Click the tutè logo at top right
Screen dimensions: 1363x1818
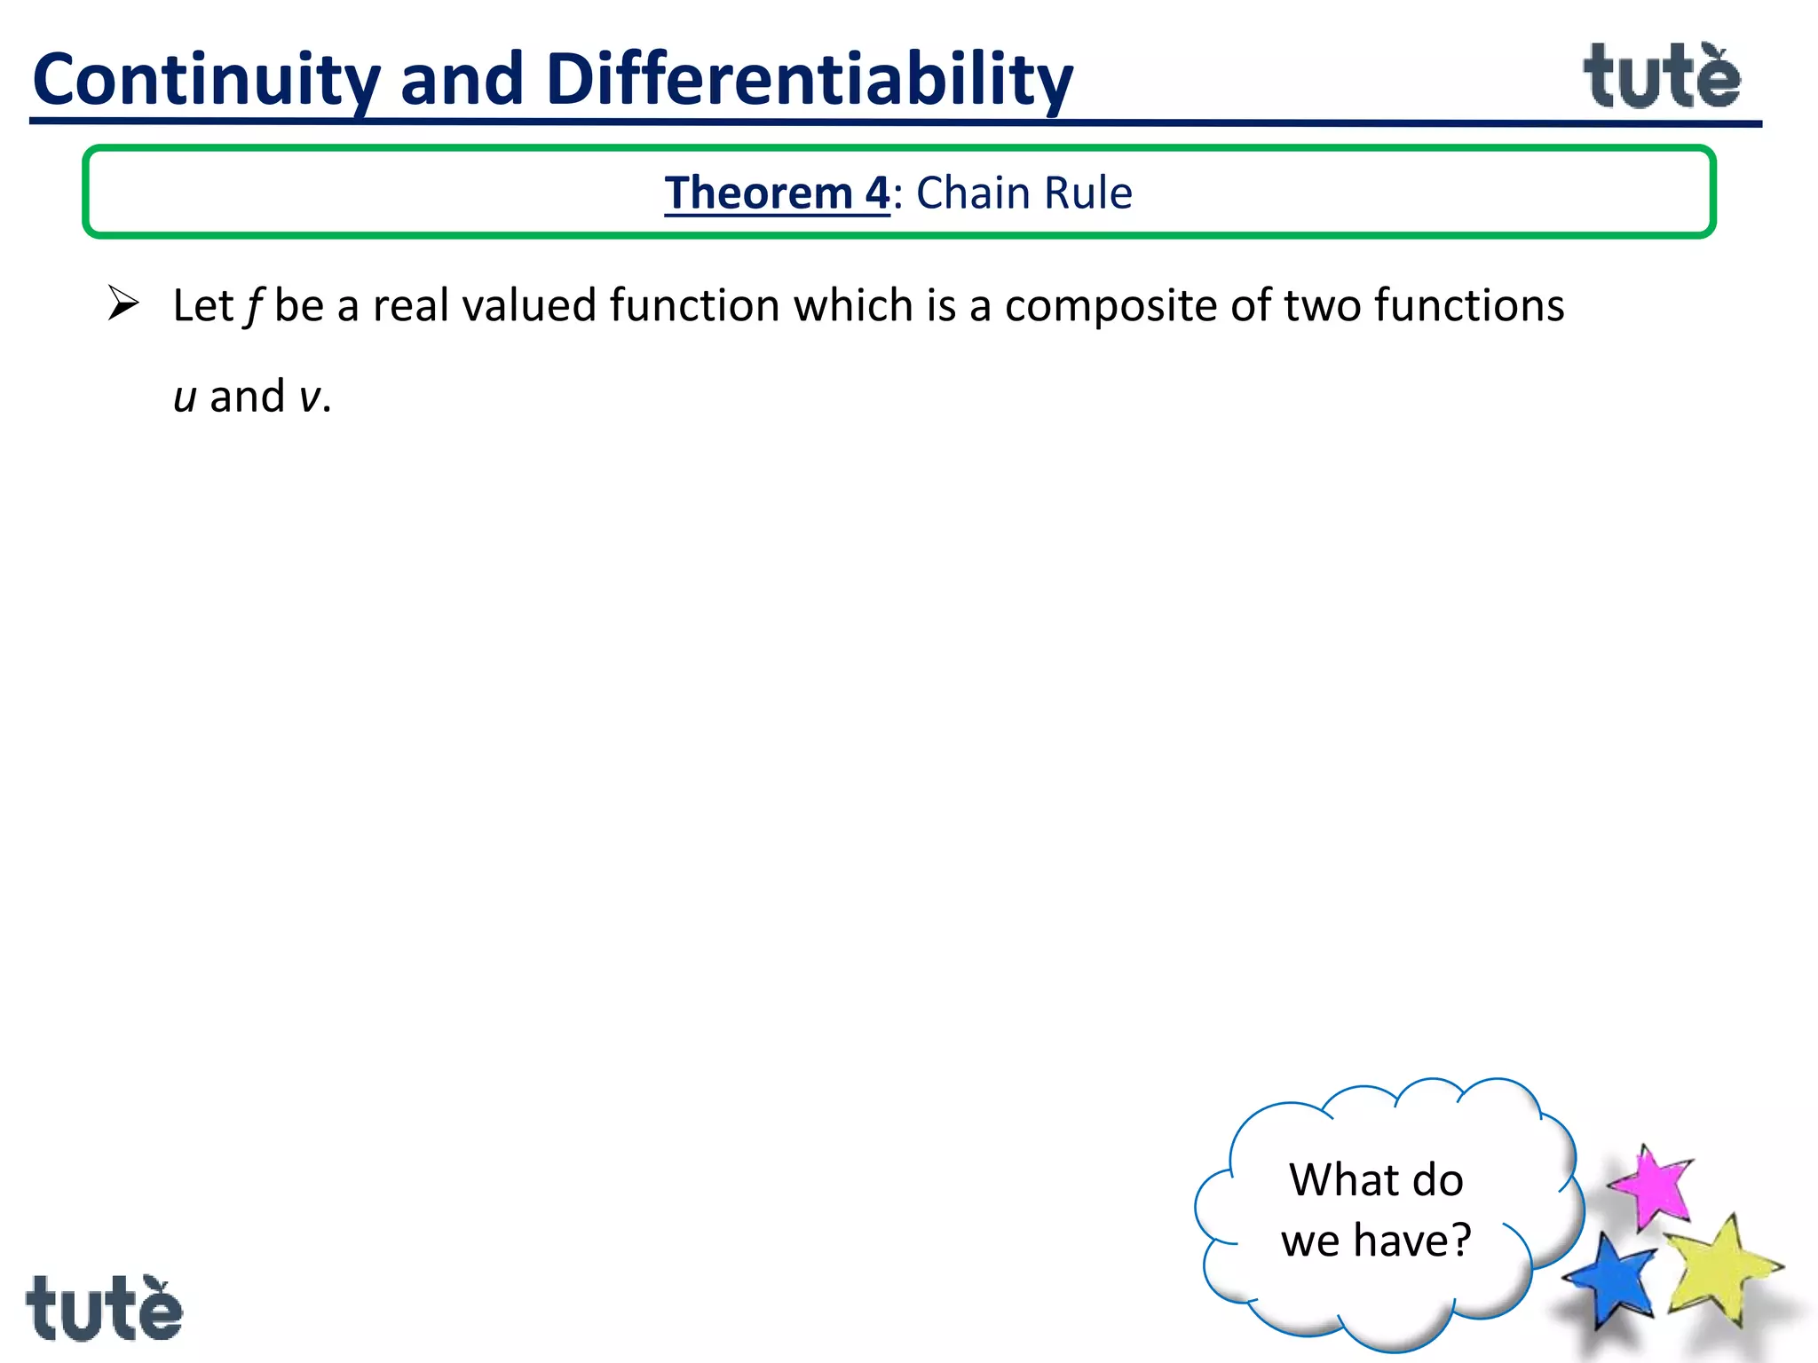click(x=1662, y=78)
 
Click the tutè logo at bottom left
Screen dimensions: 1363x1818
click(x=104, y=1308)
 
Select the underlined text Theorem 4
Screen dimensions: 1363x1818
click(x=776, y=193)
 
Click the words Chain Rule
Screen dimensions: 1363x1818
click(x=1024, y=193)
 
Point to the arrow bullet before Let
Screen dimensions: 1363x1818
click(x=123, y=303)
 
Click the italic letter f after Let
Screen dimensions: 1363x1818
click(x=255, y=306)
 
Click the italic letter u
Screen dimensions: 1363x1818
click(x=185, y=397)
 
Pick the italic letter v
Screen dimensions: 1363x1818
click(x=310, y=397)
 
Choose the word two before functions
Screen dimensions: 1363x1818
click(x=1323, y=306)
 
